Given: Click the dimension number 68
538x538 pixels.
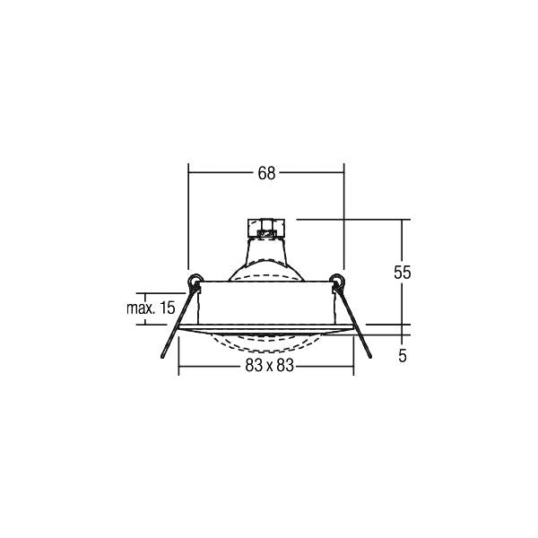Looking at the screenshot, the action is coord(266,173).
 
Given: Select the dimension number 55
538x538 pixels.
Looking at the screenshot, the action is coord(402,273).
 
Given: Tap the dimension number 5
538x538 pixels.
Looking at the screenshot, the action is coord(403,356).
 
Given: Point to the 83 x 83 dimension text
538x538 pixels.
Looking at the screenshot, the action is coord(270,366).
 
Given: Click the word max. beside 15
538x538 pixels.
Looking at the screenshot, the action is coord(141,308).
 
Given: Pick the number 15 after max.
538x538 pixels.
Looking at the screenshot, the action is coord(168,308).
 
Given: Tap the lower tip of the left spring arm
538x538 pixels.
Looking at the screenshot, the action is coord(162,358).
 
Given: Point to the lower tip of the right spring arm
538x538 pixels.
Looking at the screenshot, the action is coord(370,358).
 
